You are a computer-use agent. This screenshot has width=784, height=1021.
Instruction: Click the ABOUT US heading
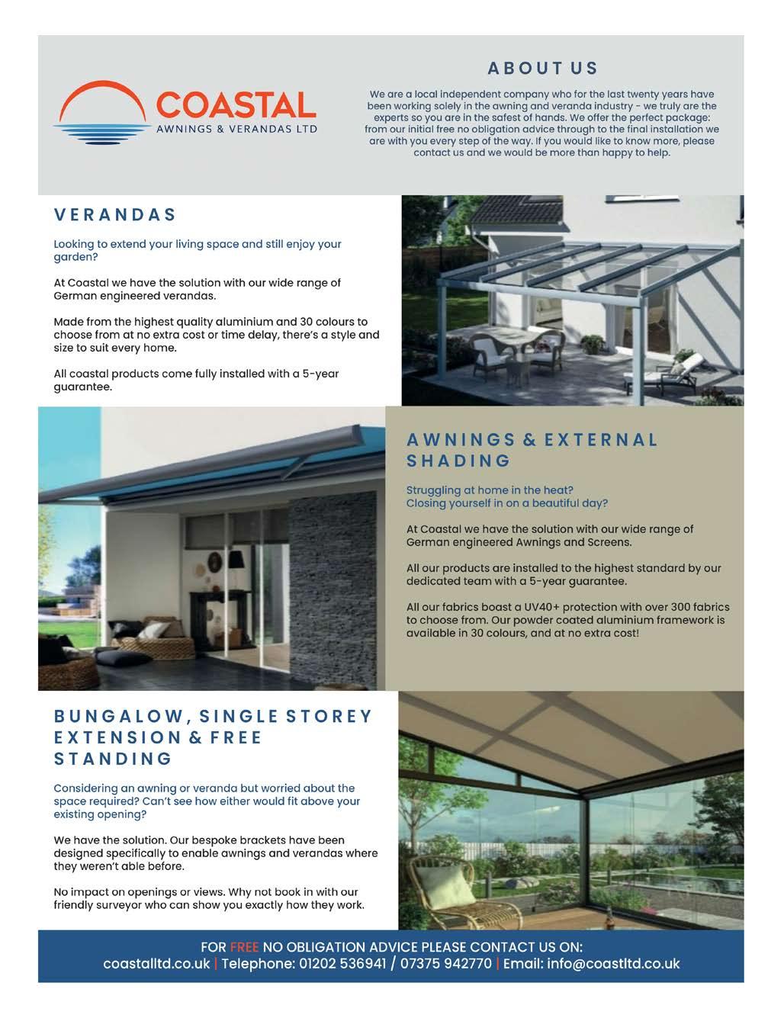pos(542,69)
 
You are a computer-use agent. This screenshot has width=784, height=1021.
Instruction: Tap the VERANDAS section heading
pos(115,215)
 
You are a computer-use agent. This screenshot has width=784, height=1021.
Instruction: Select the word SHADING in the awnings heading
pos(458,461)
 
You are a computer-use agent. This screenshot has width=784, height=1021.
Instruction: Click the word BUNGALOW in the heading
pos(119,717)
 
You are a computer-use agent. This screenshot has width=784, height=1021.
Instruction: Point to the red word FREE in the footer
pos(244,947)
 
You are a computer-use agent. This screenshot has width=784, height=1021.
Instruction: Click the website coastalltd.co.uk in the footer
pos(156,964)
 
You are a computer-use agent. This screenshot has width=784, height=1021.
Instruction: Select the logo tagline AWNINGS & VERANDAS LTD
pos(236,130)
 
